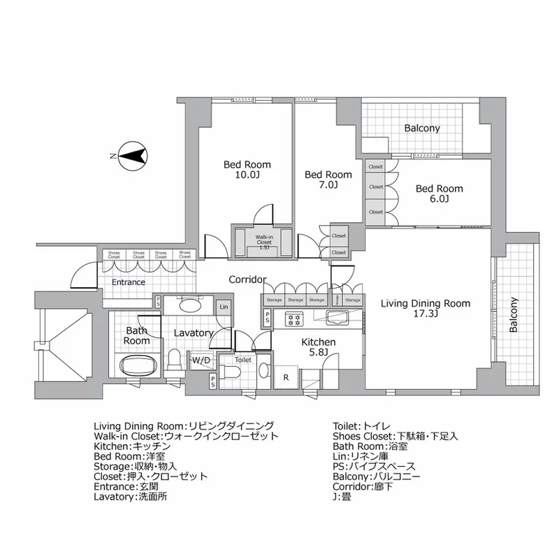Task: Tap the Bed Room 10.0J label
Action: [x=247, y=170]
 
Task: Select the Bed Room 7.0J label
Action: [x=328, y=180]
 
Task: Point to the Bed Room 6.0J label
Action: [x=439, y=194]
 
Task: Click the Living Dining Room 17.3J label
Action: [x=425, y=309]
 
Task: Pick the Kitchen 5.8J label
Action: [x=319, y=347]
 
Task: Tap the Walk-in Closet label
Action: [x=263, y=241]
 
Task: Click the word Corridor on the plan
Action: [x=247, y=279]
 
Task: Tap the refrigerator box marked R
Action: [x=286, y=377]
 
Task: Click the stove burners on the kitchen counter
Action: [x=294, y=319]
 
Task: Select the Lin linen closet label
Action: [x=223, y=307]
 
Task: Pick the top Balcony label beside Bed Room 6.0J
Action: [x=422, y=128]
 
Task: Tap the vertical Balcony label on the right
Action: [x=514, y=315]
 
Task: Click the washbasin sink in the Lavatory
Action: [x=189, y=305]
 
